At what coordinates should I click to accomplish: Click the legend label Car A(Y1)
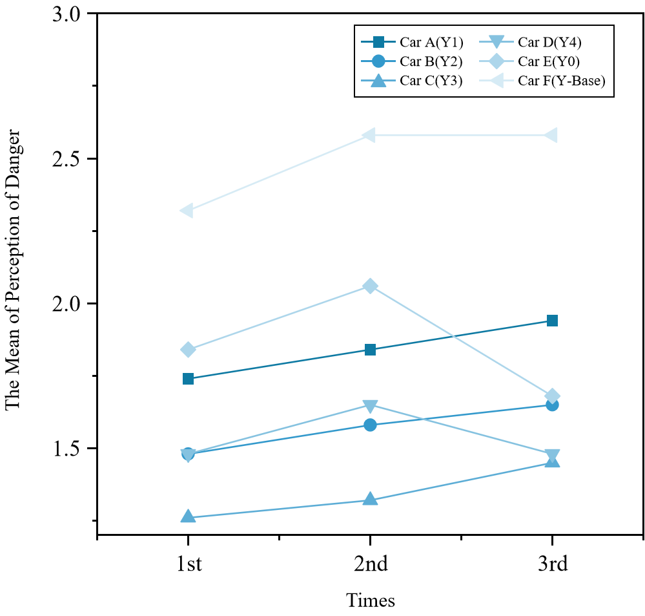point(431,43)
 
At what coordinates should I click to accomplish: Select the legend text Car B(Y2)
point(431,61)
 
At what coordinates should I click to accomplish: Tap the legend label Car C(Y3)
point(431,81)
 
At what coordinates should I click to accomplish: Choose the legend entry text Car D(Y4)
point(549,43)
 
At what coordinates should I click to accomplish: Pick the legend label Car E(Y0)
point(549,61)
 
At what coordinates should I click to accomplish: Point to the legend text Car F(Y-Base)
point(561,81)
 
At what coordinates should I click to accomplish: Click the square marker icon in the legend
point(379,43)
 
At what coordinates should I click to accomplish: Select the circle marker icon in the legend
point(379,61)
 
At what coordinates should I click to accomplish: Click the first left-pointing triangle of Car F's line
point(187,211)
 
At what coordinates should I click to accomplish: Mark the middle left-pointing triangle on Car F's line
point(369,135)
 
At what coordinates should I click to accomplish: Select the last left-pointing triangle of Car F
point(551,135)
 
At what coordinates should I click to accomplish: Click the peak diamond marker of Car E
point(370,286)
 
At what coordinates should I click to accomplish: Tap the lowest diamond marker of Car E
point(552,396)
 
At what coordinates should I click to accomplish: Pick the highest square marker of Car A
point(552,321)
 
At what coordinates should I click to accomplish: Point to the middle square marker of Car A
point(370,350)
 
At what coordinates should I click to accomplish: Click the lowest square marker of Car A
point(188,379)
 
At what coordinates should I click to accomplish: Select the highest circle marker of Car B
point(552,405)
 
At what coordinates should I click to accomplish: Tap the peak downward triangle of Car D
point(370,406)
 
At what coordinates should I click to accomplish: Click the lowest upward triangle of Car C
point(188,516)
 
